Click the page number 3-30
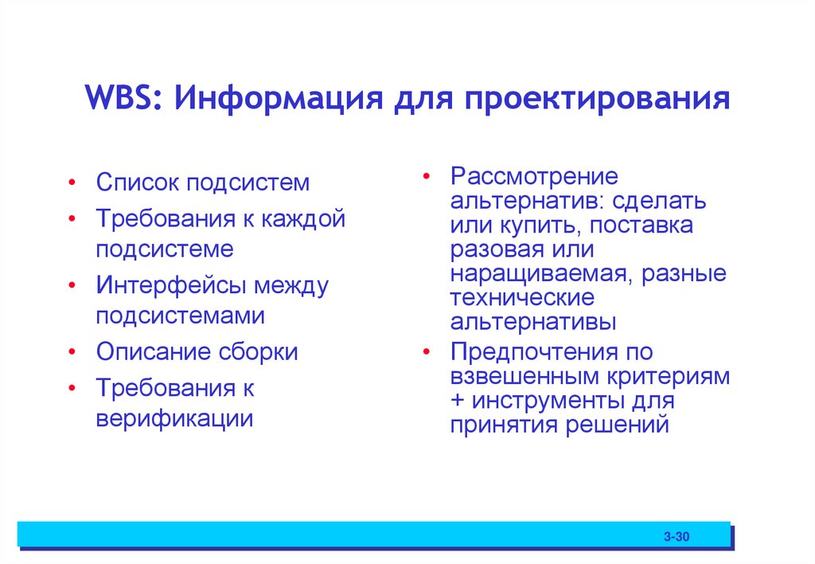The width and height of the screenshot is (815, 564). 677,538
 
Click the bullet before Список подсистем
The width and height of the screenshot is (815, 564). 72,183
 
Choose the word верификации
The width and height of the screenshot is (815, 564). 174,417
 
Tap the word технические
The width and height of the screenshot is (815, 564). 521,299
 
